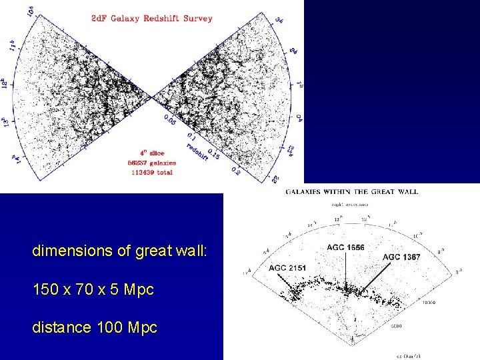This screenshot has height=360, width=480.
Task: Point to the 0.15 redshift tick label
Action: pos(213,154)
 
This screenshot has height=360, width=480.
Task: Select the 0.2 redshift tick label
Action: pos(235,170)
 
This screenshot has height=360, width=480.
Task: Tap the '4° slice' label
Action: pos(151,153)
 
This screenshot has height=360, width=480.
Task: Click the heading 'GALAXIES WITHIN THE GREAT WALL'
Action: pos(351,191)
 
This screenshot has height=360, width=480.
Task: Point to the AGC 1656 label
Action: pos(345,247)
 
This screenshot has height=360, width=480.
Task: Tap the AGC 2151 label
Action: pos(287,267)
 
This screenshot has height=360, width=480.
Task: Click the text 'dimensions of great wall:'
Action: pos(120,252)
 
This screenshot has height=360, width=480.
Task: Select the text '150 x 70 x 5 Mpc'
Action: pos(93,290)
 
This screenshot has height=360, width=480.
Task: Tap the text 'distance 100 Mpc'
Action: pos(95,328)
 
